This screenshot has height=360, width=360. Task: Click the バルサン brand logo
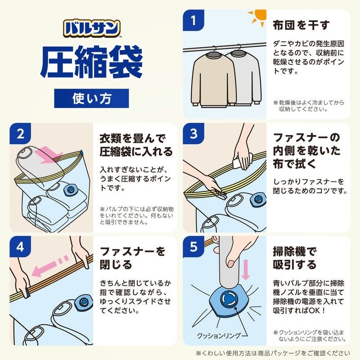(91, 28)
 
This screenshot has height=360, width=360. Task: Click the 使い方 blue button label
(91, 98)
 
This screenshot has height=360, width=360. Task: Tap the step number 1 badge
(194, 21)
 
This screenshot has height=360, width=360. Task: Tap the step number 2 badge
(21, 134)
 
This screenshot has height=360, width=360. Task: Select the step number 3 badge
(194, 134)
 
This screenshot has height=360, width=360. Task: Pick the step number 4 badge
(21, 247)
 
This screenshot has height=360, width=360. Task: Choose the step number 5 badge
(194, 247)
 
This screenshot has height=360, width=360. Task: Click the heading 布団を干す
(301, 25)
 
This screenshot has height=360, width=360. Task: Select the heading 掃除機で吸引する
(295, 257)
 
